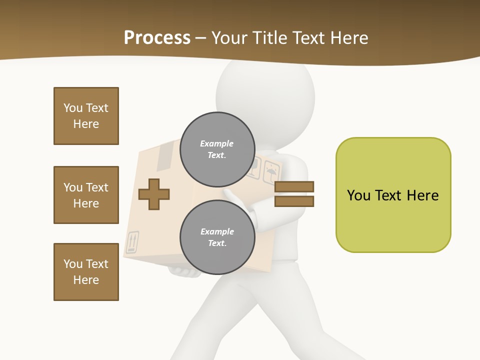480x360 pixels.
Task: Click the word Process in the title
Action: click(157, 37)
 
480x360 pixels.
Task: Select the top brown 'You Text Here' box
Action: click(86, 116)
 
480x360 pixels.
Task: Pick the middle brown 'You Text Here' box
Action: click(86, 195)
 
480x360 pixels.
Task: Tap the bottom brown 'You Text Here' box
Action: click(86, 272)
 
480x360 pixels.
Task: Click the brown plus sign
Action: click(154, 194)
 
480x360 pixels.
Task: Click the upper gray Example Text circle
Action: click(217, 149)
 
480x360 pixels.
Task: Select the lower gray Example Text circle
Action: click(217, 237)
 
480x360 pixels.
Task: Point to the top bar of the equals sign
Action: click(294, 186)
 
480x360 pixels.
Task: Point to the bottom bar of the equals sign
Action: click(294, 201)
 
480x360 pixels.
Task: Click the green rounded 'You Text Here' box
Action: click(393, 195)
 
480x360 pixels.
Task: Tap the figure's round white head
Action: click(265, 95)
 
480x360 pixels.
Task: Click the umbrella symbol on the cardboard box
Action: click(271, 172)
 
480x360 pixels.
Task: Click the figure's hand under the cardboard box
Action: click(185, 272)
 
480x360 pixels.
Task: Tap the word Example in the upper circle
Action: click(217, 143)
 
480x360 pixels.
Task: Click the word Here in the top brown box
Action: click(86, 124)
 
